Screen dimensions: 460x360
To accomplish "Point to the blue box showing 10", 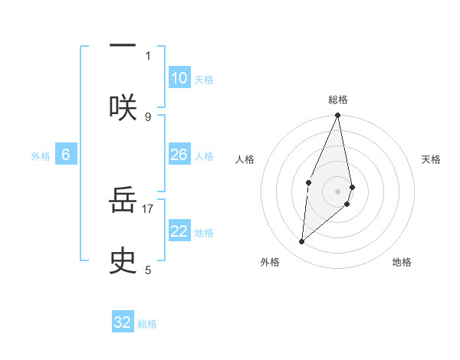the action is pyautogui.click(x=179, y=78).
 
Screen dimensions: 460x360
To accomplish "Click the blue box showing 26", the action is pyautogui.click(x=179, y=155).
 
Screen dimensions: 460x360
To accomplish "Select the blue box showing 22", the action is pyautogui.click(x=179, y=231).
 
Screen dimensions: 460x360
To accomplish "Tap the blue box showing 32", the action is pyautogui.click(x=123, y=322).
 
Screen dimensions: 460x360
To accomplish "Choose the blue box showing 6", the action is pyautogui.click(x=66, y=155).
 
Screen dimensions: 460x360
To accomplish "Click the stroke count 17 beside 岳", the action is pyautogui.click(x=148, y=208).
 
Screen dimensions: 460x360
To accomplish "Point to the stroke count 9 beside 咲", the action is pyautogui.click(x=148, y=116).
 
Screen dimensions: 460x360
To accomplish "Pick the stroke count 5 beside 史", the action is pyautogui.click(x=148, y=270).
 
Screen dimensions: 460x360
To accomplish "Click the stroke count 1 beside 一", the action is pyautogui.click(x=148, y=55).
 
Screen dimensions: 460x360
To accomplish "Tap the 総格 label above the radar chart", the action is pyautogui.click(x=338, y=100).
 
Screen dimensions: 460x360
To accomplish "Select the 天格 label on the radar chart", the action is pyautogui.click(x=432, y=159).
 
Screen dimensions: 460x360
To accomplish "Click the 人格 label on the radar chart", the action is pyautogui.click(x=245, y=159).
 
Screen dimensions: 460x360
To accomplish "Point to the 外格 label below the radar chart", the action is pyautogui.click(x=270, y=262).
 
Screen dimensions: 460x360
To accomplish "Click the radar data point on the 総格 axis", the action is pyautogui.click(x=338, y=116).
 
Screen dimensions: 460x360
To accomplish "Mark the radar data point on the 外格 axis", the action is pyautogui.click(x=302, y=241).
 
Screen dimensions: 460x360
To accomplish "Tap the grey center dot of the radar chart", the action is pyautogui.click(x=338, y=191).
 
